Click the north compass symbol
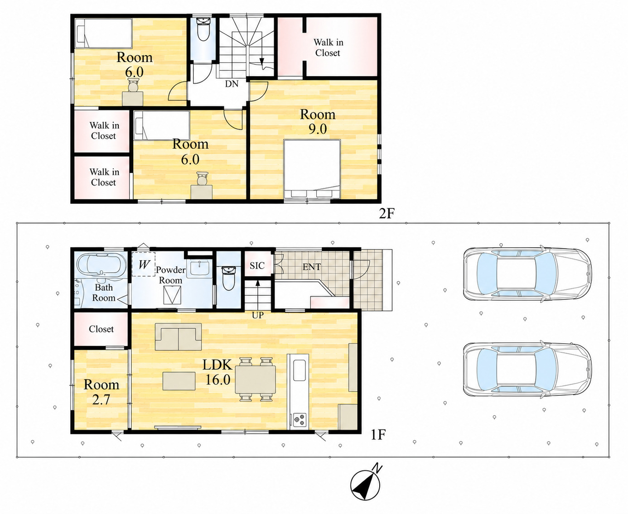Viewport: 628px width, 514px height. [366, 485]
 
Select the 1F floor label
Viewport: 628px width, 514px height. [378, 435]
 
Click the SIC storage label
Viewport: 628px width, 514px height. [257, 265]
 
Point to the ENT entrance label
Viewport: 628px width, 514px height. [312, 267]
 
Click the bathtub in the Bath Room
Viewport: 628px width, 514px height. [101, 264]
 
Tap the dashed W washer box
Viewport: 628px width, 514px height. [144, 264]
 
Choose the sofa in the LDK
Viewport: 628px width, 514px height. [179, 336]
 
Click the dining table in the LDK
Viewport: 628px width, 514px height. [255, 379]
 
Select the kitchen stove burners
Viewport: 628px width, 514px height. [299, 420]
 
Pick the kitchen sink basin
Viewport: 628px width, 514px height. [299, 370]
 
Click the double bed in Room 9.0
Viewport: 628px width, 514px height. [312, 169]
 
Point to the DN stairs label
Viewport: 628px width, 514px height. [232, 84]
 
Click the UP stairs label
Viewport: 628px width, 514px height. [258, 315]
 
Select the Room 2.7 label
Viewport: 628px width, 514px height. [101, 392]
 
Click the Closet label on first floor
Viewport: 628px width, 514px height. [101, 329]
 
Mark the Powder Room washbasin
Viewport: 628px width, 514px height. [200, 268]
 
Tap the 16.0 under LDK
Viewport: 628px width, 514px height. [218, 379]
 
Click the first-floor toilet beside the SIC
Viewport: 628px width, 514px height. [229, 278]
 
